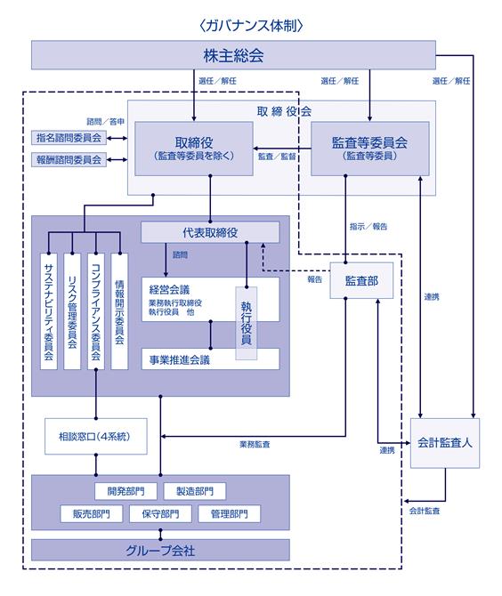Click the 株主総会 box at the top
[x=233, y=55]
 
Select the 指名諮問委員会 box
[x=69, y=138]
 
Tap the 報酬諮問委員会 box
[x=69, y=159]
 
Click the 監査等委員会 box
[x=370, y=149]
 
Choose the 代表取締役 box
[x=210, y=232]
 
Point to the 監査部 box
[x=361, y=280]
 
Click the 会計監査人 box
[x=444, y=443]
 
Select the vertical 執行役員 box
[x=246, y=323]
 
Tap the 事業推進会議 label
[x=180, y=359]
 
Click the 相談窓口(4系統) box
[x=96, y=437]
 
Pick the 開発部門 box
[x=125, y=491]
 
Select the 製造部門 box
[x=195, y=491]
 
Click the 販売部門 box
[x=92, y=514]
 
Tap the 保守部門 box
[x=160, y=514]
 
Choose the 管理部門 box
[x=230, y=514]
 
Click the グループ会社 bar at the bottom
[x=160, y=550]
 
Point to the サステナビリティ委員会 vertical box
[x=49, y=311]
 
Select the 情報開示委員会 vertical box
[x=119, y=311]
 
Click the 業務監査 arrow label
[x=255, y=444]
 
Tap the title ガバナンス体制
[x=251, y=26]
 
